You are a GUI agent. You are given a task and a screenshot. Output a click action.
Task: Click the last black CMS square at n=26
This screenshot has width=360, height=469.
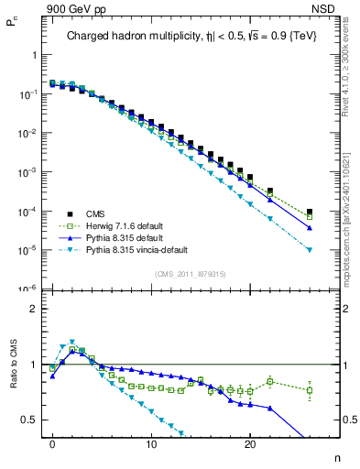(310, 212)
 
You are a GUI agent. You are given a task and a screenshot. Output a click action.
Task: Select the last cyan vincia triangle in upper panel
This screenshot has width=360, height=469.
(310, 249)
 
